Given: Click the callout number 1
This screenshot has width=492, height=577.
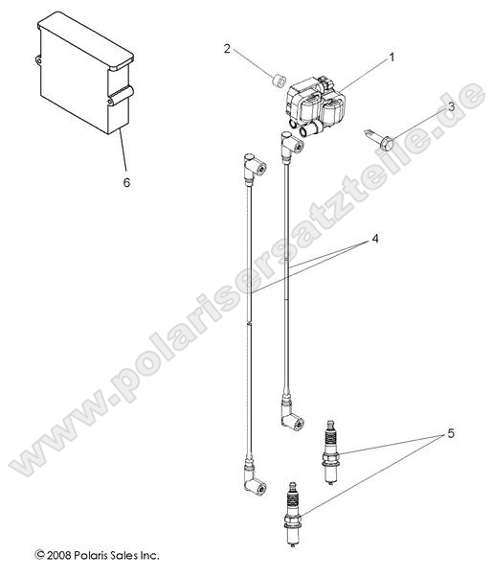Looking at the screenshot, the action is (x=391, y=58).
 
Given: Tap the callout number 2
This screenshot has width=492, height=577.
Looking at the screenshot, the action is (x=227, y=48).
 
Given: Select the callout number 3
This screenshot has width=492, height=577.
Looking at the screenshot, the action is (x=451, y=106).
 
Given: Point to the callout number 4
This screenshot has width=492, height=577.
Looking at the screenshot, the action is (x=375, y=239).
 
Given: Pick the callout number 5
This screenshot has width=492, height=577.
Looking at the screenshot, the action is (x=451, y=433).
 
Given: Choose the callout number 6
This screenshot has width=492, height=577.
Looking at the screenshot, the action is (x=126, y=182).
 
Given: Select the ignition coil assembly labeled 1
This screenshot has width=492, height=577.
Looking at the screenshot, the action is (x=316, y=106).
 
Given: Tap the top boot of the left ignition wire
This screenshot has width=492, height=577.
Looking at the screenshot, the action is (x=255, y=170).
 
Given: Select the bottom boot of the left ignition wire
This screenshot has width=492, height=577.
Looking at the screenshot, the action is (x=254, y=478).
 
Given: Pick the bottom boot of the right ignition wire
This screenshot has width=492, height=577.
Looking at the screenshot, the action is (x=292, y=413).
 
